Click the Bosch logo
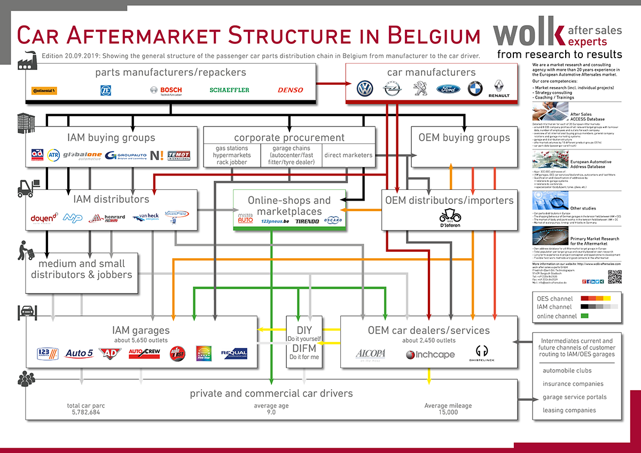tap(166, 90)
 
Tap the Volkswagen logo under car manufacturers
tap(365, 89)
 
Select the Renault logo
tap(499, 89)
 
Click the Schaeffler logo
tap(229, 90)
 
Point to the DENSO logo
tap(290, 90)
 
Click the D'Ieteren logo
tap(449, 218)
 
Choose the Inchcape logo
tap(430, 355)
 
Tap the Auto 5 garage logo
tap(79, 353)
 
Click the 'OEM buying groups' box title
tap(464, 138)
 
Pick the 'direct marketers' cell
tap(348, 155)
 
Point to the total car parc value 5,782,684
tap(85, 412)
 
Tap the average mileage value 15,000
tap(448, 412)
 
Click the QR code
tap(615, 277)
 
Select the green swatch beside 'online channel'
tap(584, 316)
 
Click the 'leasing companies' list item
tap(569, 410)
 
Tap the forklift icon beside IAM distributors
tap(26, 187)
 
